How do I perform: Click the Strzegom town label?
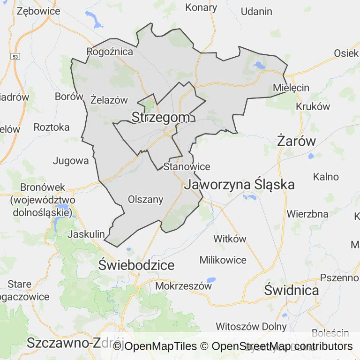(x=161, y=118)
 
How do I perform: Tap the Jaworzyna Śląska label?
(x=240, y=184)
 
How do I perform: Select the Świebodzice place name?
(x=136, y=265)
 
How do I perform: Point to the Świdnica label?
(x=291, y=290)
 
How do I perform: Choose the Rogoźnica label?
(x=110, y=52)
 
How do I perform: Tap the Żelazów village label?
(x=109, y=99)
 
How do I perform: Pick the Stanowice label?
(x=187, y=166)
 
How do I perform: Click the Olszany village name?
(x=146, y=200)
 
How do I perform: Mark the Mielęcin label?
(x=291, y=88)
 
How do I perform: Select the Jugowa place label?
(x=71, y=161)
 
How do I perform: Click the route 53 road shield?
(x=16, y=56)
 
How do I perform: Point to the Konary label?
(x=201, y=7)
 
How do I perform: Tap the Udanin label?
(x=256, y=12)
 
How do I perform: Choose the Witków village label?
(x=230, y=239)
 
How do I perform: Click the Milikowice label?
(x=223, y=260)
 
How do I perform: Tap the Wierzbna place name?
(x=307, y=214)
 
